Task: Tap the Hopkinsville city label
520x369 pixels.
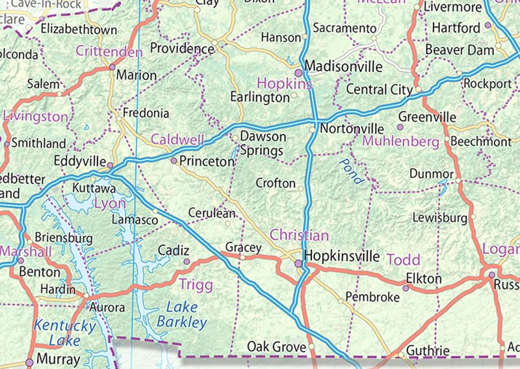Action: [341, 256]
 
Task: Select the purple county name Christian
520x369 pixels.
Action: [299, 235]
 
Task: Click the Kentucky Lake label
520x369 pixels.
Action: [64, 332]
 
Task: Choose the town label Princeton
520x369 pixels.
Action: [206, 161]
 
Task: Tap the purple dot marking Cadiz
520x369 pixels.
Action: [187, 262]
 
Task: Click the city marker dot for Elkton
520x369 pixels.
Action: [406, 287]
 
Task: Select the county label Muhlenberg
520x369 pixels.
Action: [400, 141]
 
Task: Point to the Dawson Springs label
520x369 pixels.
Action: [263, 144]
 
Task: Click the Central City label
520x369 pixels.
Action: [379, 89]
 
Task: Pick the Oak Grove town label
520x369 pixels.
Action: [276, 347]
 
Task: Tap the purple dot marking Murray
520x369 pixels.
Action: [29, 362]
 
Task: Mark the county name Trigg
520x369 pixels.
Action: [195, 283]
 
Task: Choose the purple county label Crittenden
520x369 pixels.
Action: [109, 51]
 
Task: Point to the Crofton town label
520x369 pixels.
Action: [276, 184]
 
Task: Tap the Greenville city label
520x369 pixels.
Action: [427, 117]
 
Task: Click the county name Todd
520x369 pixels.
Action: [404, 260]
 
